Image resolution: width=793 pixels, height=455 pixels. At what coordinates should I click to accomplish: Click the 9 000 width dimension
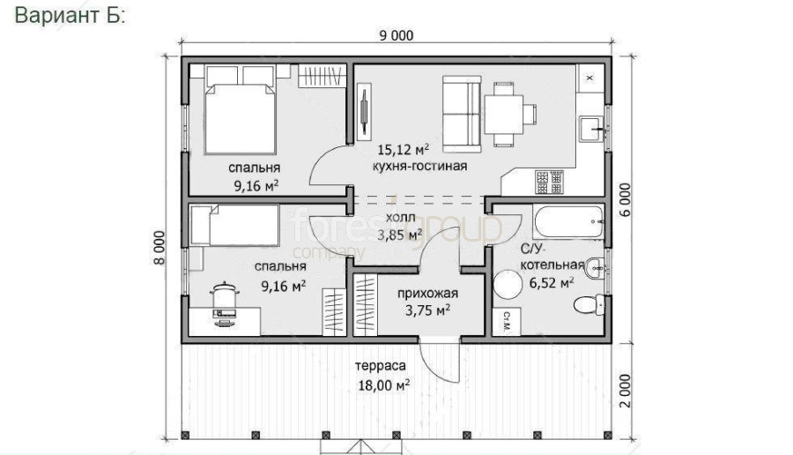coord(396,35)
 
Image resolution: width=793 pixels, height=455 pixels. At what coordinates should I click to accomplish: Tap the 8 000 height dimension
coord(159,248)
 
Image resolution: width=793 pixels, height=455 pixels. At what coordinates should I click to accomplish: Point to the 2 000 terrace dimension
coord(626,391)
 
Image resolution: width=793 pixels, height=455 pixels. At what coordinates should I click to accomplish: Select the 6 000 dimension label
coord(626,199)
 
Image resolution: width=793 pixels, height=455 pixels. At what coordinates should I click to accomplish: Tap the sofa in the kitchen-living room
coord(462,115)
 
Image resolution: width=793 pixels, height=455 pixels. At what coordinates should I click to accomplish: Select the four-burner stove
coord(549,183)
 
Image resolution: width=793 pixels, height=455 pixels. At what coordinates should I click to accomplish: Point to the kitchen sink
coord(591,129)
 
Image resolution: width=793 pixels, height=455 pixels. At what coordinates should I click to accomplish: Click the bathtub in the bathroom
coord(568,221)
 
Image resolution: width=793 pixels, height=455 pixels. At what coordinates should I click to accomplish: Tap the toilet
coord(589,304)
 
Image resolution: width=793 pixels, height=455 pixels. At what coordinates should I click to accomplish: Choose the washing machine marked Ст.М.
coord(507,321)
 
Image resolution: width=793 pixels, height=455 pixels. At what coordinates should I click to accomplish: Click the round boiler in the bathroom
coord(508,285)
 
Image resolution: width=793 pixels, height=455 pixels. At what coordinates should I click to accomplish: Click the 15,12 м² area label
coord(404,150)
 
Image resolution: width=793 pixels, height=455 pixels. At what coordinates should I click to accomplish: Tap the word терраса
coord(381,365)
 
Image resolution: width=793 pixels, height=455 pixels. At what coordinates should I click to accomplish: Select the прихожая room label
coord(428,294)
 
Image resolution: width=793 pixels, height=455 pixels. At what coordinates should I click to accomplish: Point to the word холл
coord(401,218)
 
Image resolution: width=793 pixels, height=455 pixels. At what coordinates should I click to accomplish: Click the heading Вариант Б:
coord(70,15)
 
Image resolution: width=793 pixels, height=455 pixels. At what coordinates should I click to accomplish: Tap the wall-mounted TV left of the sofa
coord(364,112)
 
